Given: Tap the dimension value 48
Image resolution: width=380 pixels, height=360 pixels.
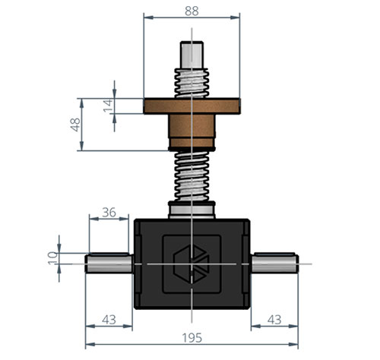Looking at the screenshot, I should coord(76,125).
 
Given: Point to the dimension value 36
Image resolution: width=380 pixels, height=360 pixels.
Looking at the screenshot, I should coord(109,213).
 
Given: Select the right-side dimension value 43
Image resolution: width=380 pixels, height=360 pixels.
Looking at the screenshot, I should coord(275,321).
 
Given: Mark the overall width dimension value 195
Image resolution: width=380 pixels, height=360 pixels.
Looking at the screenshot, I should coord(192,338).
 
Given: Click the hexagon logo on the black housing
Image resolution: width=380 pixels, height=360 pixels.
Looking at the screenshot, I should coord(193,263).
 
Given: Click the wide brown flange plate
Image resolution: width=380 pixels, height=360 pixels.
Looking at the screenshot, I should coord(193,106).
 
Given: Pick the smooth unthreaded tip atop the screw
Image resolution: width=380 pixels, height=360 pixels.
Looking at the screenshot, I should coord(193,54).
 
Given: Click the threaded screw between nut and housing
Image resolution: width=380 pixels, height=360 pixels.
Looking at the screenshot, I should coord(193,175).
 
